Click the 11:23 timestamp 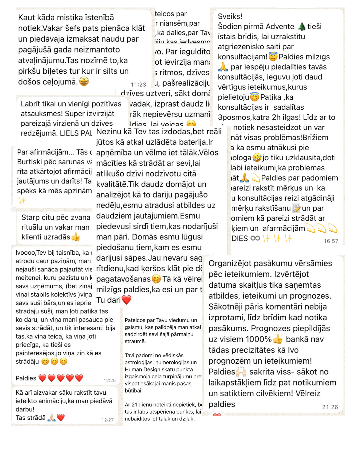point(138,85)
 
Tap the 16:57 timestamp point(331,241)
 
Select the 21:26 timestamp point(330,407)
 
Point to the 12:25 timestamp point(110,380)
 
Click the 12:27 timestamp point(108,420)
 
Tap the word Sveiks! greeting point(230,16)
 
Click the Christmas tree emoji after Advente point(302,26)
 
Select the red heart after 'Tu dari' point(127,300)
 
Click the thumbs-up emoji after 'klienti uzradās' point(76,237)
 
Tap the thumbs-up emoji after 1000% point(278,339)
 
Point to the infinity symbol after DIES point(255,238)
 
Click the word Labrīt point(31,104)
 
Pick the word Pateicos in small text point(135,320)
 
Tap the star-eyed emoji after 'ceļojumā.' point(84,81)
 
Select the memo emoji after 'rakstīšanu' point(296,208)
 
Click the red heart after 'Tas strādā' point(61,418)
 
